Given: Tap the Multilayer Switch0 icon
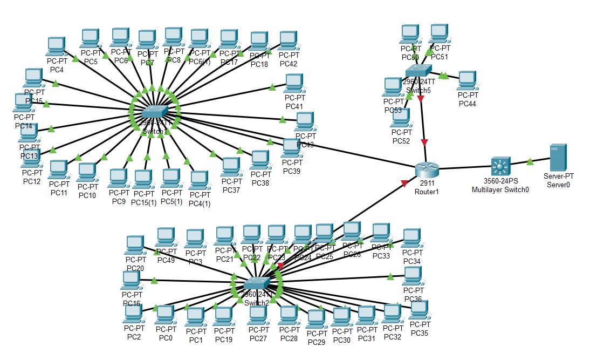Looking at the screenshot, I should pyautogui.click(x=500, y=166).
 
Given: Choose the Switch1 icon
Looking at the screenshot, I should pyautogui.click(x=155, y=112).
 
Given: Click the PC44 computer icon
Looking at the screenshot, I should pyautogui.click(x=466, y=80).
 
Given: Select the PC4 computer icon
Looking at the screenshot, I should pyautogui.click(x=56, y=46).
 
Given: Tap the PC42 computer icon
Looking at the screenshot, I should pyautogui.click(x=288, y=40).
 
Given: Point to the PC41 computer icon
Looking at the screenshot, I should pyautogui.click(x=294, y=83).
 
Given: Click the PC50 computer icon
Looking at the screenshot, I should pyautogui.click(x=410, y=34).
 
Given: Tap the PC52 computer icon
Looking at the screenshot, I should pyautogui.click(x=401, y=118).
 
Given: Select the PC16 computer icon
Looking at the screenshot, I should pyautogui.click(x=130, y=280).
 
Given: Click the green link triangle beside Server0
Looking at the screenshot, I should pyautogui.click(x=530, y=161).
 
